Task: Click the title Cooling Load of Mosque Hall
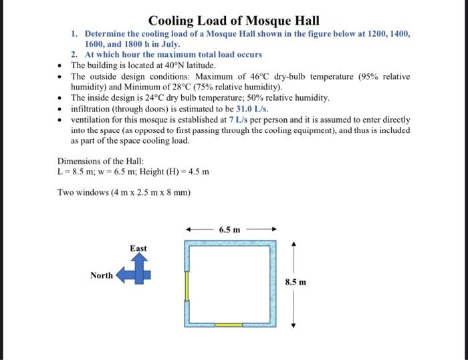[234, 21]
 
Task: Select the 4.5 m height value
[197, 172]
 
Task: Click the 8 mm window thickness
[177, 193]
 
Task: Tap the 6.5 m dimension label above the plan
[230, 230]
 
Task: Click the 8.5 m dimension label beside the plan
[297, 282]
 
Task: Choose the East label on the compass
[138, 248]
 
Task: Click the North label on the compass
[102, 275]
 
